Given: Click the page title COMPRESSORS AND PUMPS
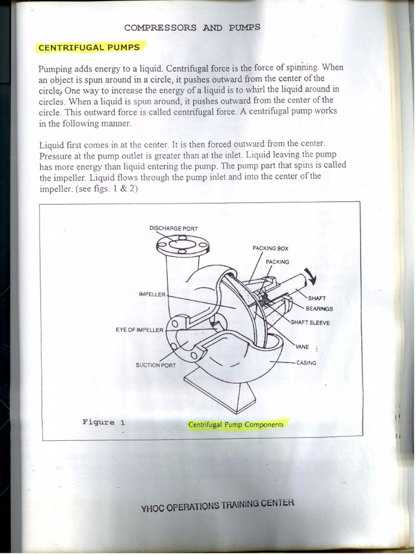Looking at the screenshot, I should pyautogui.click(x=192, y=27).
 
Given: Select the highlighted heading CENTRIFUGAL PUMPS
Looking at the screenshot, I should pyautogui.click(x=89, y=47).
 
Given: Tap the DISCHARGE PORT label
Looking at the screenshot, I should pyautogui.click(x=173, y=228).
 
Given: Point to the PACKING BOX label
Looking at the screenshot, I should pyautogui.click(x=270, y=248).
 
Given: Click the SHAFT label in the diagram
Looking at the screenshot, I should pyautogui.click(x=317, y=298).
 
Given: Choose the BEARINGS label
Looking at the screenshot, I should pyautogui.click(x=319, y=309).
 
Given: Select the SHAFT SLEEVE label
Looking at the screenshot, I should pyautogui.click(x=310, y=322).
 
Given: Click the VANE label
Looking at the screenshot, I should pyautogui.click(x=302, y=347).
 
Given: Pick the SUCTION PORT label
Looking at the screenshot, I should pyautogui.click(x=155, y=365).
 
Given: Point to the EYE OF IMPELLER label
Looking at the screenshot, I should pyautogui.click(x=139, y=330).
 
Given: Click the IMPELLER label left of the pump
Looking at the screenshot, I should pyautogui.click(x=152, y=294).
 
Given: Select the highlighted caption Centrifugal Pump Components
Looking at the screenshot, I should pyautogui.click(x=236, y=424).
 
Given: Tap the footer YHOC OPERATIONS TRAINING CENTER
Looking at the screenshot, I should pyautogui.click(x=217, y=505).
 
